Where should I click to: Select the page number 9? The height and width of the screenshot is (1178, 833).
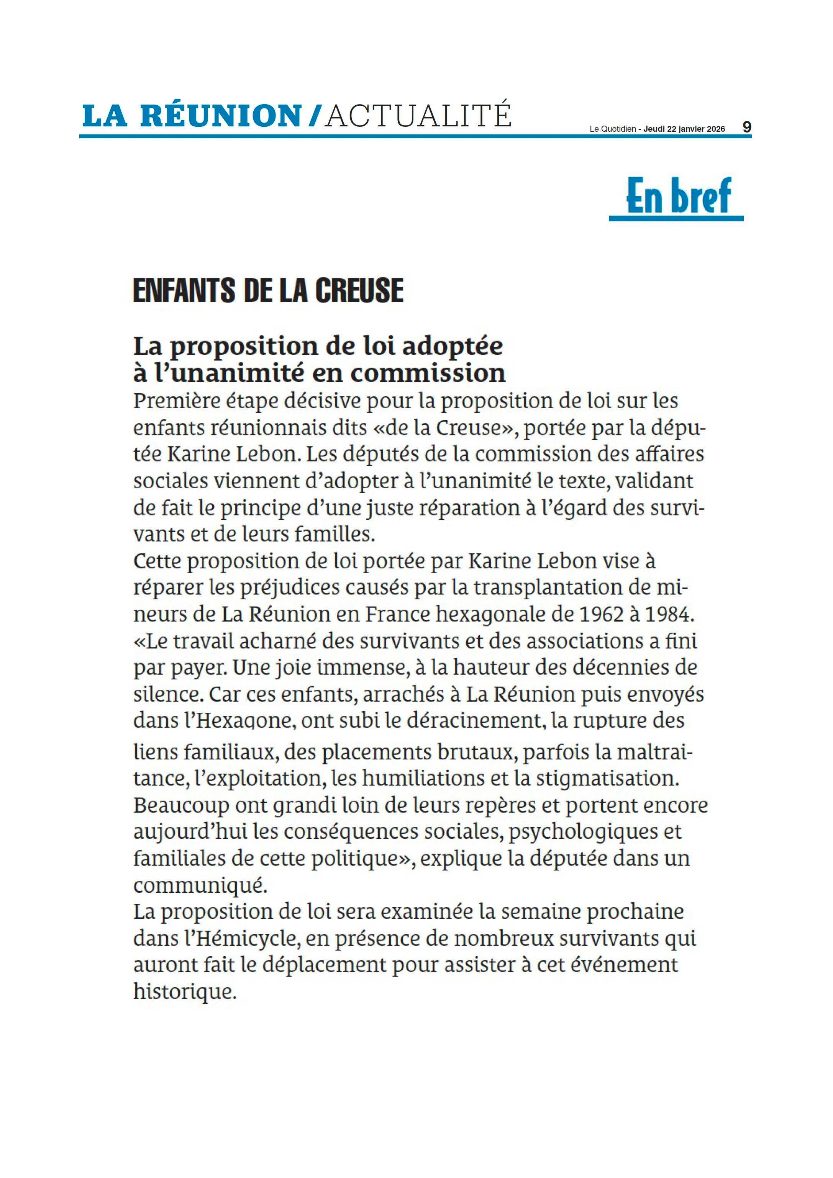coord(747,127)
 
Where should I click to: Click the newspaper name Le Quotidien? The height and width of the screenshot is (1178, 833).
coord(612,129)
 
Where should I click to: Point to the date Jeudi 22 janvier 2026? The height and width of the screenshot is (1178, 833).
coord(684,129)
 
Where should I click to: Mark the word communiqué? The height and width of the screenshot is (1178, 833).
coord(200,886)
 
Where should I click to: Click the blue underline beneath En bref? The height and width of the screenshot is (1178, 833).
coord(676,219)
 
